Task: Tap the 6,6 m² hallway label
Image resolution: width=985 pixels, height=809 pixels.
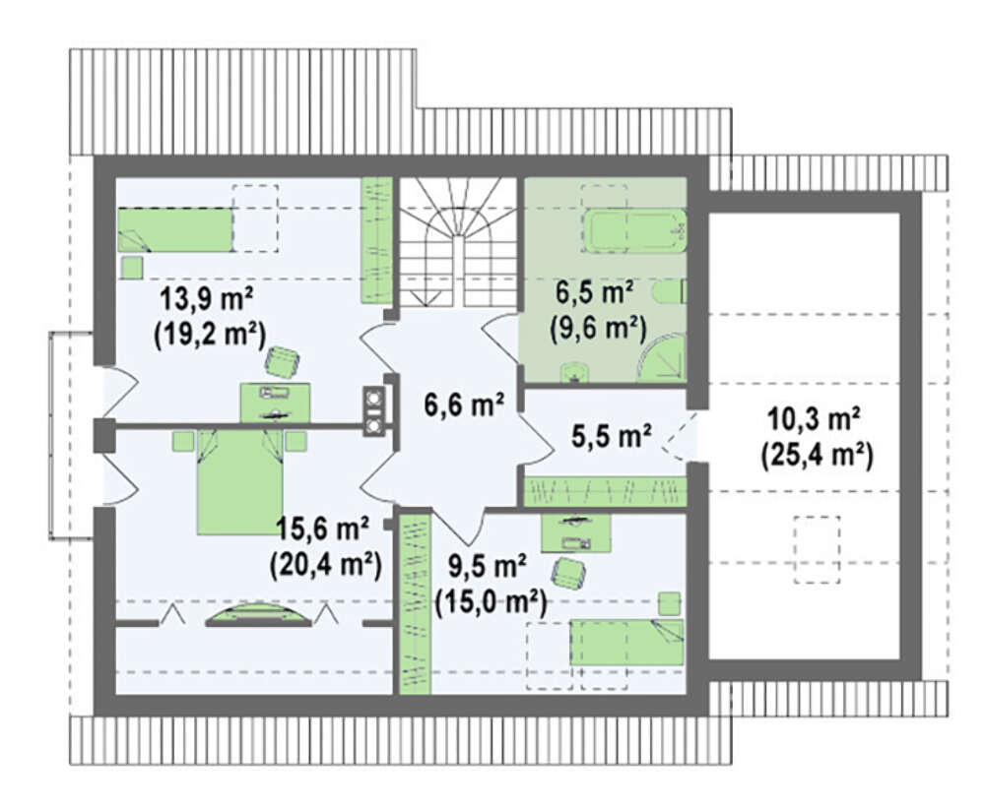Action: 464,404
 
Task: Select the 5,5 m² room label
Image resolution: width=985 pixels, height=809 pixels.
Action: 612,436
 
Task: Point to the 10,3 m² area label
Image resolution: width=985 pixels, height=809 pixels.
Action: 814,419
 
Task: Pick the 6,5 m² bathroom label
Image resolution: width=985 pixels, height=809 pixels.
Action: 594,293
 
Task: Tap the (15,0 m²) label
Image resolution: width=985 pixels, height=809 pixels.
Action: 491,603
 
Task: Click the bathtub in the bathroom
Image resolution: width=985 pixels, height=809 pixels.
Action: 635,231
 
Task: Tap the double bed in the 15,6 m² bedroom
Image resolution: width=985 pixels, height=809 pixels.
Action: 239,482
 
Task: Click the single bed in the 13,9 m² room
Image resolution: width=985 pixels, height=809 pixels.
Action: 175,229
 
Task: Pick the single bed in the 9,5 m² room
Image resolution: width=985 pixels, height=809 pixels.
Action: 626,642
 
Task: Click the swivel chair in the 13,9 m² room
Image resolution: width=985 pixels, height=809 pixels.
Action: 283,362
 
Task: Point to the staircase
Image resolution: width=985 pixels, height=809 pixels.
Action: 458,242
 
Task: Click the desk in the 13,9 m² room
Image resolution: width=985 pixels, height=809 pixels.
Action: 275,403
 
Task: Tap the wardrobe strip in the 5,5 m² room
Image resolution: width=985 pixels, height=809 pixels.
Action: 605,491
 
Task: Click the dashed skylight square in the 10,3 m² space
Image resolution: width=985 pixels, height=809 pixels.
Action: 817,550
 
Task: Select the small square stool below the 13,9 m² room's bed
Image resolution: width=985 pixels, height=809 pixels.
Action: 132,268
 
